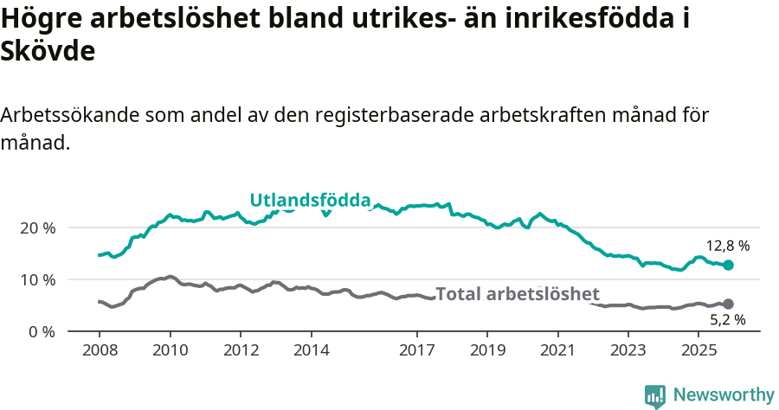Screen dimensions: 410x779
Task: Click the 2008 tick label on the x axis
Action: point(100,353)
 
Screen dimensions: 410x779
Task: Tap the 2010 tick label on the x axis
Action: point(170,353)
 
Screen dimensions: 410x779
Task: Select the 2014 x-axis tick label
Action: point(311,353)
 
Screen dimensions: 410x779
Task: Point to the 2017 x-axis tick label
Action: point(416,353)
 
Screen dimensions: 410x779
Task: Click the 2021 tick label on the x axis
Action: point(557,353)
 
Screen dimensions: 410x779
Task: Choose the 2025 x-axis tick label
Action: point(698,353)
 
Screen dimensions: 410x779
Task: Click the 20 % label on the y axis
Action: point(37,227)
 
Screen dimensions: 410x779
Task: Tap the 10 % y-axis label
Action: point(37,279)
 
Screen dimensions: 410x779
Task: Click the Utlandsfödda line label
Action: point(310,201)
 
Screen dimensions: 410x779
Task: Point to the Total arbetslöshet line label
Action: point(517,293)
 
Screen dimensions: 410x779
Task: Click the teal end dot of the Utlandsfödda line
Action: point(729,265)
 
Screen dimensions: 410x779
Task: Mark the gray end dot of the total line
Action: point(729,304)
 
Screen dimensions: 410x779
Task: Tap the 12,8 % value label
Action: point(727,246)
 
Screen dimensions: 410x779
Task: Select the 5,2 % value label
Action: point(728,320)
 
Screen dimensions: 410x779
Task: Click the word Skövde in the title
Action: point(48,51)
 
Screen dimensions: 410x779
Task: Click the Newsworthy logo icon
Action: point(655,395)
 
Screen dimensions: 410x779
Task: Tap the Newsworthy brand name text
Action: point(723,395)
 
